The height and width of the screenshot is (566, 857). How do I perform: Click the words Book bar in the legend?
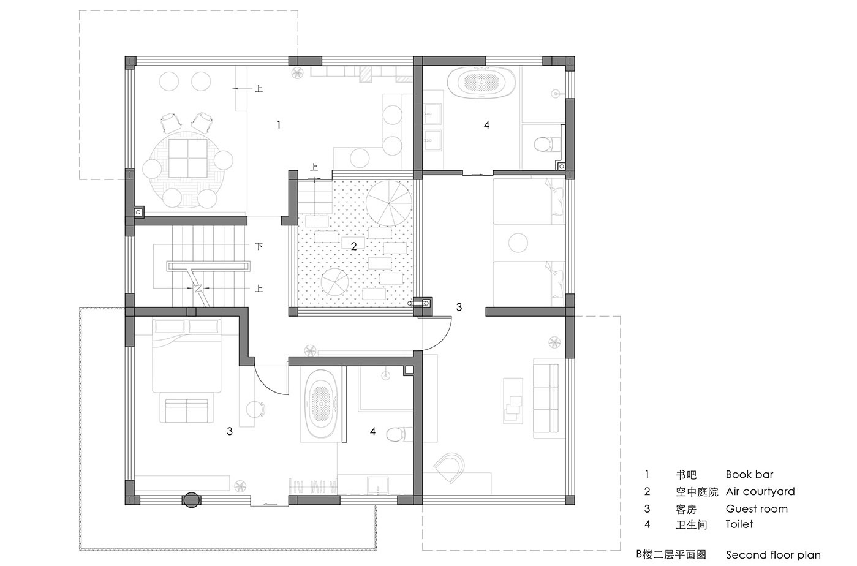tap(749, 475)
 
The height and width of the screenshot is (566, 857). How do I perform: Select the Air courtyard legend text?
tap(760, 491)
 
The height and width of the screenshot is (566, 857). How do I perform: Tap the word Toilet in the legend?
tap(739, 524)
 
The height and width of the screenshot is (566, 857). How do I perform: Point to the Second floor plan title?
tap(773, 555)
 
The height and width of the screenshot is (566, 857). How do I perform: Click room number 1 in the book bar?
tap(279, 125)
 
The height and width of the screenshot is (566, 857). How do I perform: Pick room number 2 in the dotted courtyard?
tap(354, 246)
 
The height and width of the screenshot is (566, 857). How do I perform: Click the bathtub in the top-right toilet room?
tap(481, 83)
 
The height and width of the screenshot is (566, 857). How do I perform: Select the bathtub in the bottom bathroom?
tap(320, 402)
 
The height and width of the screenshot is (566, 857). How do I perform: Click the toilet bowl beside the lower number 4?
tap(397, 434)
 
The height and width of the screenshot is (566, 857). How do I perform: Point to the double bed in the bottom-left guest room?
tap(187, 355)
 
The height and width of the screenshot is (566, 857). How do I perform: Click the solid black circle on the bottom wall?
tap(191, 500)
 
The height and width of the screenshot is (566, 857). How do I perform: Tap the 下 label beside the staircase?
tap(259, 246)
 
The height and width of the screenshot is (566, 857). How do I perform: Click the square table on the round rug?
tap(188, 158)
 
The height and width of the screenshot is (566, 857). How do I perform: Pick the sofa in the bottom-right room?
tap(546, 398)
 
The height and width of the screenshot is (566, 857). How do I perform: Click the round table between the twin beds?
tap(518, 242)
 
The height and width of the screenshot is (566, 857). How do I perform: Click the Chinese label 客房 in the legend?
tap(686, 510)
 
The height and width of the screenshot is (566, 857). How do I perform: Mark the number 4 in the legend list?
tap(647, 524)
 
